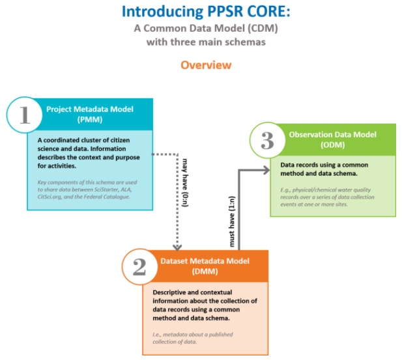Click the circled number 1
25,115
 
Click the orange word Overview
206,65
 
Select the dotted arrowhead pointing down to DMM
176,245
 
